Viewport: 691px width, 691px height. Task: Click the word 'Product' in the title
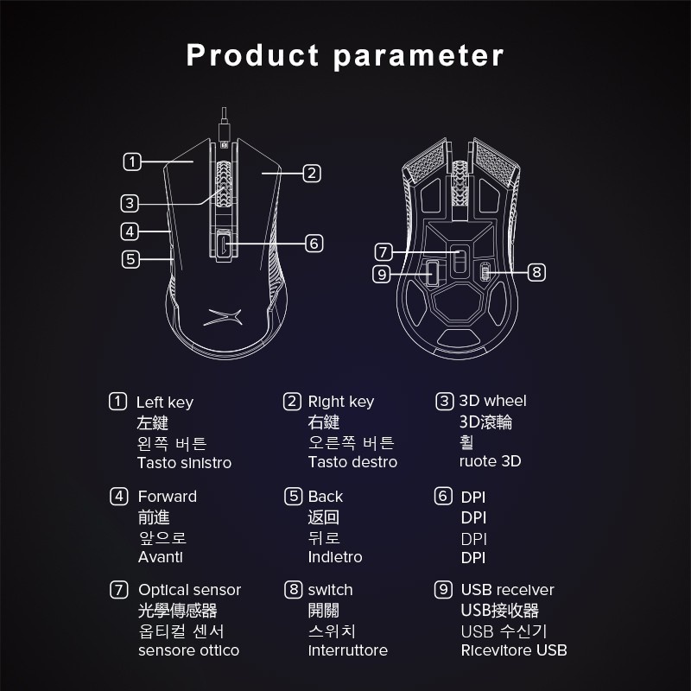tap(252, 55)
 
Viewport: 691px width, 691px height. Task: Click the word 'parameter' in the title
tap(418, 57)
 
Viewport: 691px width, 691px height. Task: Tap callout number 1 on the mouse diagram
tap(131, 161)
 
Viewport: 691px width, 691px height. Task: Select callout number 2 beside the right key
tap(313, 173)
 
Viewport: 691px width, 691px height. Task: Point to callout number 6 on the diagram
tap(314, 243)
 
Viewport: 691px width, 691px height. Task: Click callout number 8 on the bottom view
tap(536, 272)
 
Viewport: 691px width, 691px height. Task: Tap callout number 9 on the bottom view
tap(383, 274)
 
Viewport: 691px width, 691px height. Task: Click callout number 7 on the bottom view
tap(384, 252)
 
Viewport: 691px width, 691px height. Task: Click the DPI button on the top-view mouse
tap(225, 244)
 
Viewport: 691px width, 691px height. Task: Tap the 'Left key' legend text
tap(165, 403)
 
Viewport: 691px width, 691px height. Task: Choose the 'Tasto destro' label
tap(352, 462)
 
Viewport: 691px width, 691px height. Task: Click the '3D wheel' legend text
tap(492, 401)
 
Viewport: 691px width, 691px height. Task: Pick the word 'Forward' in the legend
tap(167, 497)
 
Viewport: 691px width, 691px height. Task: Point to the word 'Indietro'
tap(335, 557)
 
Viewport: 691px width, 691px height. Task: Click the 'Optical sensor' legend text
tap(189, 590)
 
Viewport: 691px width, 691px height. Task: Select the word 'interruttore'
tap(347, 650)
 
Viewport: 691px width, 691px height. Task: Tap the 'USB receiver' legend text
tap(507, 590)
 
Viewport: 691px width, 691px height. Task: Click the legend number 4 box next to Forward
tap(118, 496)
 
